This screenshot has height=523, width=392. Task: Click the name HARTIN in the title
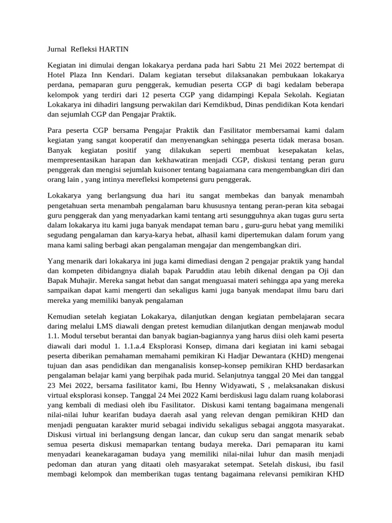112,49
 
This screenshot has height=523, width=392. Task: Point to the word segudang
63,234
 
